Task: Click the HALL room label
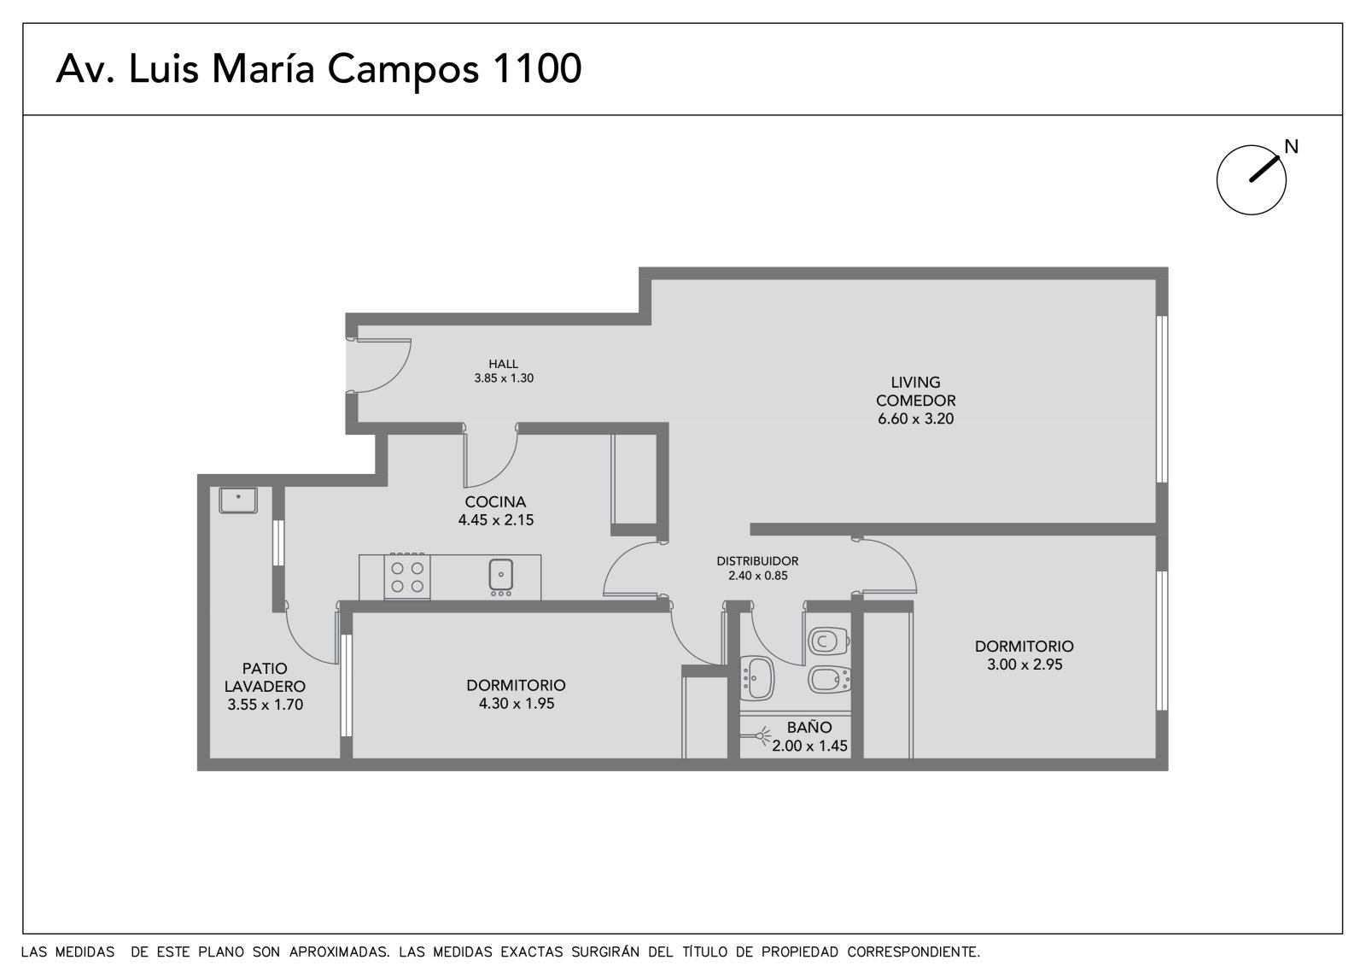coord(503,365)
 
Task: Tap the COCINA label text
coord(495,502)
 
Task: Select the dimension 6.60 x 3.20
coord(915,419)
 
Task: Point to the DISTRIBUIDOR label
coord(757,561)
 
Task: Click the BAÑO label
coord(809,728)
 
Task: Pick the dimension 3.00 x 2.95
coord(1024,664)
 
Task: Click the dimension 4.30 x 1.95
coord(517,704)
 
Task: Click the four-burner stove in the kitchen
coord(406,576)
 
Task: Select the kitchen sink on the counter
coord(500,577)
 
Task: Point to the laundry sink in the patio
coord(238,501)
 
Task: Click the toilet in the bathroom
coord(829,641)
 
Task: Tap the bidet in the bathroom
coord(829,679)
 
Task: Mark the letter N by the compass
coord(1291,146)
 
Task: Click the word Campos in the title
coord(403,72)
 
